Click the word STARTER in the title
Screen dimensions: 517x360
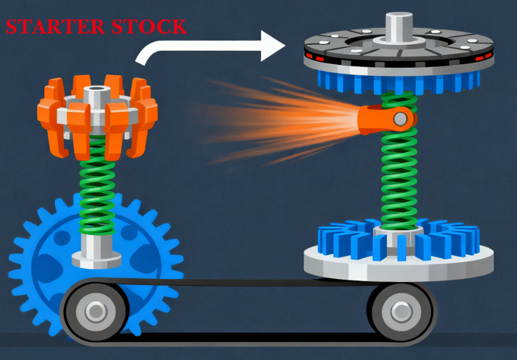pyautogui.click(x=55, y=27)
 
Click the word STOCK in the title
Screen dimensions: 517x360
pyautogui.click(x=149, y=27)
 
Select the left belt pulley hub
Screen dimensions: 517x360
pyautogui.click(x=96, y=311)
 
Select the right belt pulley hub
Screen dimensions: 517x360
pyautogui.click(x=401, y=311)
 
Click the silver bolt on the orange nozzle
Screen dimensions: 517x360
pyautogui.click(x=400, y=119)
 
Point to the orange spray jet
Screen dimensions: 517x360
pyautogui.click(x=280, y=120)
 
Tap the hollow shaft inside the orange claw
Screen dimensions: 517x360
pyautogui.click(x=96, y=98)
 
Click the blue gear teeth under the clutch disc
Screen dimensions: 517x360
pyautogui.click(x=399, y=83)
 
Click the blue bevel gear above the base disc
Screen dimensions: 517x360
pyautogui.click(x=399, y=239)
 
